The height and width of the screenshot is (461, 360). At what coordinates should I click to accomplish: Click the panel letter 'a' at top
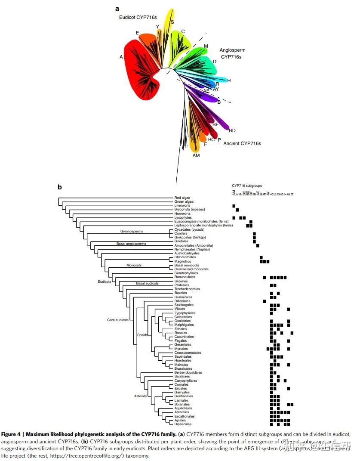[117, 8]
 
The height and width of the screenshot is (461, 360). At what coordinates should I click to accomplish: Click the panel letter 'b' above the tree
[60, 187]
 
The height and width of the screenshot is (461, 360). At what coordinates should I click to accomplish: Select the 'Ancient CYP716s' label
[242, 143]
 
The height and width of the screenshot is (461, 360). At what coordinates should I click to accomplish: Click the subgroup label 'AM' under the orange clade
[196, 155]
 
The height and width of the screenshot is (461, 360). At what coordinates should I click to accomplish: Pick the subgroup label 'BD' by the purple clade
[232, 130]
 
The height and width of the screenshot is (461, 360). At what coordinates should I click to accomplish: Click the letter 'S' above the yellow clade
[172, 22]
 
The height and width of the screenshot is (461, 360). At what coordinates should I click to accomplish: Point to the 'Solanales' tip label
[182, 404]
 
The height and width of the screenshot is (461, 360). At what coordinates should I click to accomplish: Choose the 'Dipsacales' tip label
[183, 424]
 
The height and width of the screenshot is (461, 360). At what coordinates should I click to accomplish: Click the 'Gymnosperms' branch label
[131, 232]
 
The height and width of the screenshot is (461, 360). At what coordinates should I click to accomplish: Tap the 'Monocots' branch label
[134, 265]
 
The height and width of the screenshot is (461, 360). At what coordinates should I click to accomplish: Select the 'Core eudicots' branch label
[117, 320]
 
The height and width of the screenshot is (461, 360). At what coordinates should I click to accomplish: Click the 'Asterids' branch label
[140, 396]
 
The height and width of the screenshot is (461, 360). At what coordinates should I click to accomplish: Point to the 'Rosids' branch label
[142, 334]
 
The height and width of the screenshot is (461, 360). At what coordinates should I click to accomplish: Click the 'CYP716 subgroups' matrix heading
[247, 186]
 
